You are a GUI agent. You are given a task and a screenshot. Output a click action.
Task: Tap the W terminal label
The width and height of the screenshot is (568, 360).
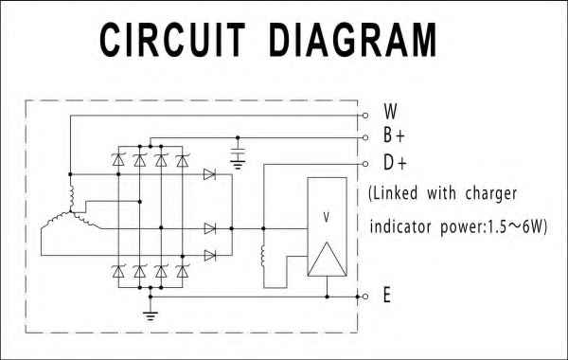(x=390, y=110)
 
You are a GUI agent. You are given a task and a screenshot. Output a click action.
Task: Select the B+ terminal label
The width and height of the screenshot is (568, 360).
(x=394, y=135)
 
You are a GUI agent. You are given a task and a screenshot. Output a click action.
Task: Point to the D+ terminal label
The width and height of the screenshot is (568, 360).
(x=394, y=162)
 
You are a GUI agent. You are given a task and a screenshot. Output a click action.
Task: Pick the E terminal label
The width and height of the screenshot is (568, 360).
(x=387, y=296)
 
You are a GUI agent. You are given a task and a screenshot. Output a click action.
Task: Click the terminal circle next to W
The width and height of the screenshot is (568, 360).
(x=365, y=114)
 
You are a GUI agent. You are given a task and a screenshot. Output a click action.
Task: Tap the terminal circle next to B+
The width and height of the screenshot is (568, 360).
(x=365, y=138)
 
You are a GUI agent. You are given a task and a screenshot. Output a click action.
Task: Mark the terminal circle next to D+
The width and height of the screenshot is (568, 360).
(x=365, y=163)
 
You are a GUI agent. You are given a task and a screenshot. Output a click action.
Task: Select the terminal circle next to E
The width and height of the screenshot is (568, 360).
(x=365, y=297)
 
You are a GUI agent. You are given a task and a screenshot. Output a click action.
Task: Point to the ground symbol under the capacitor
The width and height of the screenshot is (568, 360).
(x=239, y=165)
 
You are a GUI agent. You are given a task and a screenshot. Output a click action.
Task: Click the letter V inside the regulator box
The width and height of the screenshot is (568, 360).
(x=327, y=216)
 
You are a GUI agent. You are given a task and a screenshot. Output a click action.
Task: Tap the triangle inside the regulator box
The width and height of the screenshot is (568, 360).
(x=327, y=256)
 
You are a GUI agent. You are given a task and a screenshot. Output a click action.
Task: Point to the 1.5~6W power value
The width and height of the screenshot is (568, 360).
(x=515, y=227)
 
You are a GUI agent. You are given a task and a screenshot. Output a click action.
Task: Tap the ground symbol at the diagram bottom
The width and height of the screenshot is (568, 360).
(x=150, y=313)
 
